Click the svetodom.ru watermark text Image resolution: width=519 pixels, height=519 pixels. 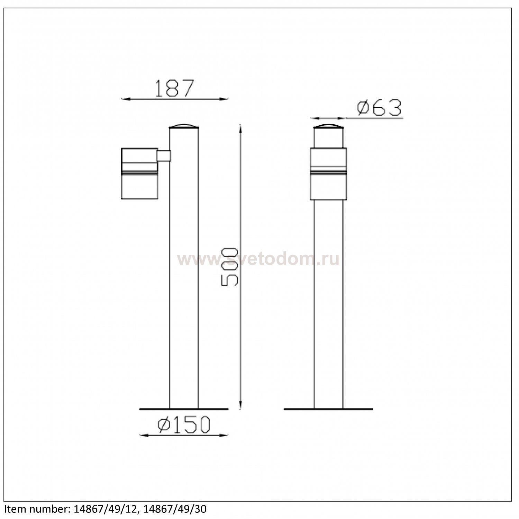click(x=258, y=259)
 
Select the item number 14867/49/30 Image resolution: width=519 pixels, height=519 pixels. click(x=175, y=509)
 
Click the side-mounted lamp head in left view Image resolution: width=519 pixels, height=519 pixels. click(x=139, y=173)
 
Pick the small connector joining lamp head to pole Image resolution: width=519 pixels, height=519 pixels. click(x=164, y=156)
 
